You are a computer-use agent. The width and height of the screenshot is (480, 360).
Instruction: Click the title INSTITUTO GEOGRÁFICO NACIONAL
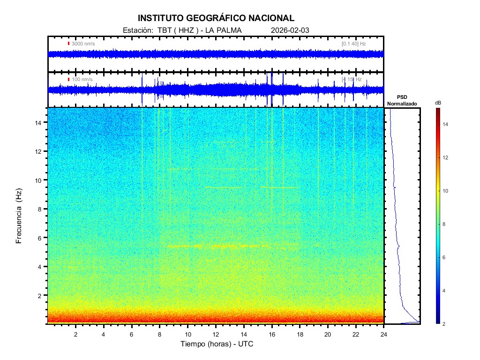[x=216, y=18]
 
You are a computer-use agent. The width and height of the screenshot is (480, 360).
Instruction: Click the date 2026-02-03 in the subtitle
[x=290, y=30]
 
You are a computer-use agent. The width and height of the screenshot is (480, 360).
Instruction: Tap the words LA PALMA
[x=223, y=30]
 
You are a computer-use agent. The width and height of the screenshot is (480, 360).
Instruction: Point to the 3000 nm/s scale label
[x=83, y=44]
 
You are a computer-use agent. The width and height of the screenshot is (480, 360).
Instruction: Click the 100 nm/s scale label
[x=82, y=79]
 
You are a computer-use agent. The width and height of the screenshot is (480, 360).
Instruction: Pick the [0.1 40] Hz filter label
[x=353, y=44]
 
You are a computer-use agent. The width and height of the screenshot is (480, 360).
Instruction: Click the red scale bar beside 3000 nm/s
[x=68, y=44]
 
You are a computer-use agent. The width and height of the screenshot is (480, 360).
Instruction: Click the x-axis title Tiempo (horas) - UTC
[x=217, y=344]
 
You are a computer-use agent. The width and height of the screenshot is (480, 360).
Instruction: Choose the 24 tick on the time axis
[x=384, y=334]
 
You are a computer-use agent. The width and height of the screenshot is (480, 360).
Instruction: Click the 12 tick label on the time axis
[x=216, y=334]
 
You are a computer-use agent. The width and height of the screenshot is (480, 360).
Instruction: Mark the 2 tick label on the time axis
[x=75, y=334]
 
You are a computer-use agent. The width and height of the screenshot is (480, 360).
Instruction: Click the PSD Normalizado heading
[x=402, y=100]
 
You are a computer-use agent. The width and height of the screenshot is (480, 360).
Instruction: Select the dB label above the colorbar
[x=438, y=103]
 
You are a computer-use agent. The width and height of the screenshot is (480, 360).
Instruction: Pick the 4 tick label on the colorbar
[x=446, y=291]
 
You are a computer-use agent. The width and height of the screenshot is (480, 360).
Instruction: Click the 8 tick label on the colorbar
[x=446, y=225]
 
